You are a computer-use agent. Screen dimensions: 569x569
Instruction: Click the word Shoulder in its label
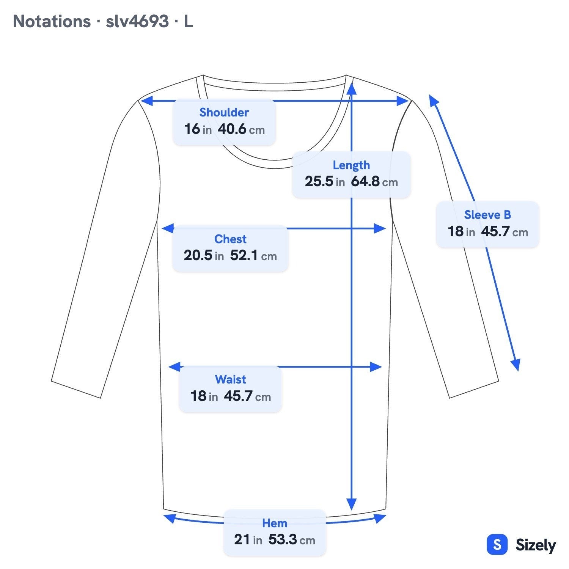224,112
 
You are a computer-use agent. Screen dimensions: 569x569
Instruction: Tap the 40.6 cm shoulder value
241,129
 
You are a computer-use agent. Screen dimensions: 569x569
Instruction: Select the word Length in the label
351,165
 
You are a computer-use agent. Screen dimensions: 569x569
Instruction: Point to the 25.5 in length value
325,181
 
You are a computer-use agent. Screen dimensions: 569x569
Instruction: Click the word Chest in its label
230,239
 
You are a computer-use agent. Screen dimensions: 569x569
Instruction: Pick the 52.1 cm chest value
253,255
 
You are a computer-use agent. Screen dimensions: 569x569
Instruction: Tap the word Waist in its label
230,379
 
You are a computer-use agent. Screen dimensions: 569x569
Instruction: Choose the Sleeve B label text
487,215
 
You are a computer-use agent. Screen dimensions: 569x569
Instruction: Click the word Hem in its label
275,523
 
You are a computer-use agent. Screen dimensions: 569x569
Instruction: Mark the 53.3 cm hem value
292,539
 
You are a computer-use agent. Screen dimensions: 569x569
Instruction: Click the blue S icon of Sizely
497,545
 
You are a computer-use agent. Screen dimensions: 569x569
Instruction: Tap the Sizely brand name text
536,545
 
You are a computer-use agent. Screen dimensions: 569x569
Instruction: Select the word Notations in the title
52,21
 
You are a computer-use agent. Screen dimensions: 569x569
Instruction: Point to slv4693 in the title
137,21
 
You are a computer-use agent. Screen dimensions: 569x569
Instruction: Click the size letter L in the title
189,21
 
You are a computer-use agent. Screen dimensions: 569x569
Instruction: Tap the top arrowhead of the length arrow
352,88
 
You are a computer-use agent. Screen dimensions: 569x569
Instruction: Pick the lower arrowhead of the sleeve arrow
516,365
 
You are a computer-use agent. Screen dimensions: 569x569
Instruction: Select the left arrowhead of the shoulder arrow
146,101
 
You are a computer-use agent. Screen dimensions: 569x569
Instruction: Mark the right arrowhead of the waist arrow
376,367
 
